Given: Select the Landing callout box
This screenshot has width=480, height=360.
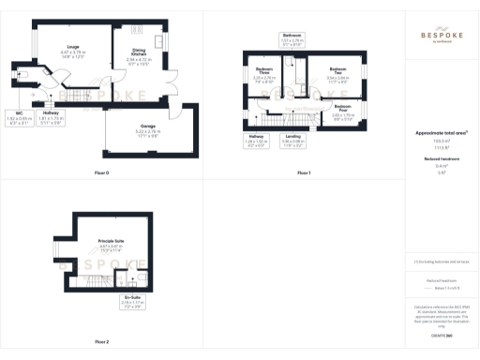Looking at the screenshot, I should click(x=293, y=141).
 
